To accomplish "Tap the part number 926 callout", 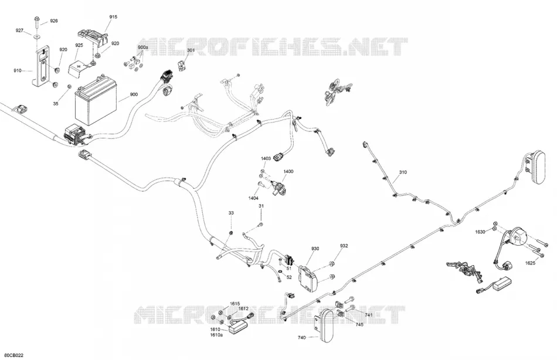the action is click(53, 21).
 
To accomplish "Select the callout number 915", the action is click(113, 16).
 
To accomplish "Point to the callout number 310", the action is click(403, 172).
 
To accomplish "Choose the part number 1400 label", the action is click(288, 171).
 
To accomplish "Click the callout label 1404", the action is click(253, 198).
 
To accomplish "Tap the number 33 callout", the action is click(231, 213).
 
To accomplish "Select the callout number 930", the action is click(315, 249).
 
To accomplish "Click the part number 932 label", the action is click(344, 246).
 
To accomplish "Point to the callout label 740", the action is click(301, 338).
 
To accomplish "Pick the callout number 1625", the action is click(531, 263).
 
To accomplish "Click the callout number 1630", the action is click(480, 232).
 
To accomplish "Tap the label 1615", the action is click(235, 304).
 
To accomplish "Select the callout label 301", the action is click(191, 50).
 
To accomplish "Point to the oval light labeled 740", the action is click(325, 326).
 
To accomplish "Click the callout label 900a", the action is click(143, 47).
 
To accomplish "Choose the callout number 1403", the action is click(266, 158).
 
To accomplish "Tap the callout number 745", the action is click(359, 324).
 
